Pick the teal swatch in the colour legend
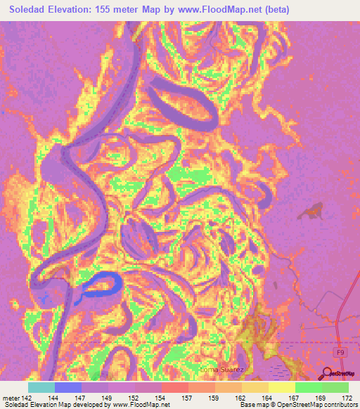tap(41, 387)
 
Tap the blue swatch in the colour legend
tap(68, 387)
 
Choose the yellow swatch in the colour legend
tap(281, 387)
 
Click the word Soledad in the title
tap(29, 10)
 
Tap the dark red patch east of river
tap(312, 209)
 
